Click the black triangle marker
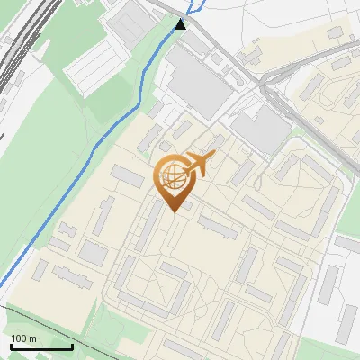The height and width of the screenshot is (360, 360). (182, 24)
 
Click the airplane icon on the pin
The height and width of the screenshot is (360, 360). (201, 164)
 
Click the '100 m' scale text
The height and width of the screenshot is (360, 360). (23, 337)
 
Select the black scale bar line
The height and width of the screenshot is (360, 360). (41, 347)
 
